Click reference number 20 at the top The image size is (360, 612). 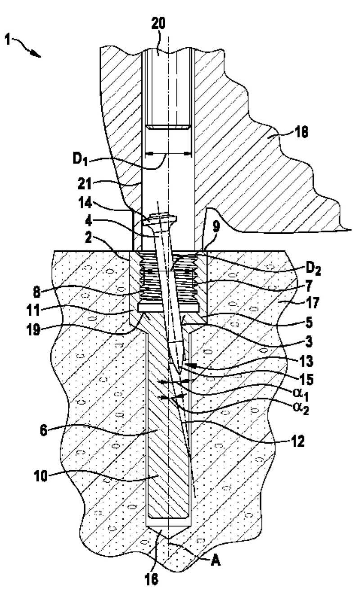[x=158, y=23]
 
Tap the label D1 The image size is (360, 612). [x=80, y=159]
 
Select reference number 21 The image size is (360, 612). [x=85, y=183]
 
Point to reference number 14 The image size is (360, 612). [x=85, y=204]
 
